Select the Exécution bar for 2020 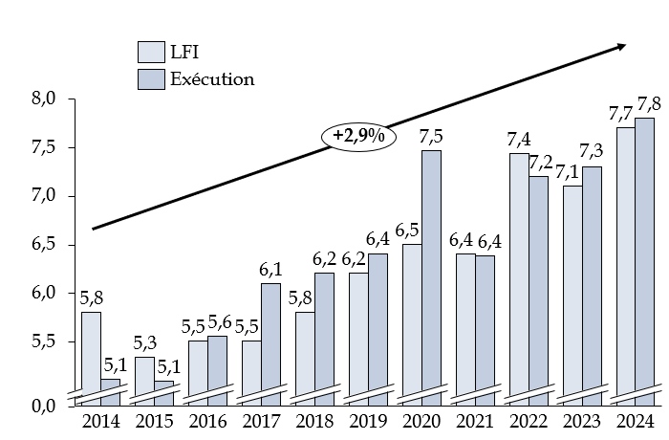click(431, 273)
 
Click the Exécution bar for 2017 click(270, 340)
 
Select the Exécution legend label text click(212, 78)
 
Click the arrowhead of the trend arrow click(621, 45)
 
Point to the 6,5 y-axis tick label click(45, 245)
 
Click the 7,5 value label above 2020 click(431, 136)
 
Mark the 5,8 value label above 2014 click(92, 297)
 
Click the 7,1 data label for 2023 click(572, 171)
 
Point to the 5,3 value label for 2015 click(145, 342)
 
